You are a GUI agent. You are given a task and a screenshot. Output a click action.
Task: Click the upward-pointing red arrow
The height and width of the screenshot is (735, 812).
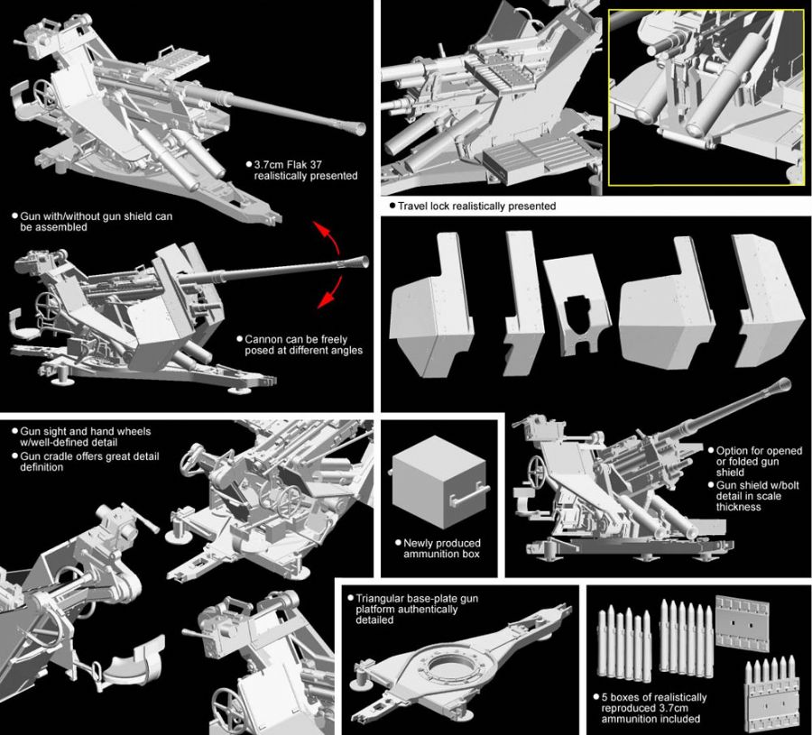(x=328, y=235)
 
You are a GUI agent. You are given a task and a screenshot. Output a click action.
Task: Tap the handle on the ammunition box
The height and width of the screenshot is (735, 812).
(x=468, y=494)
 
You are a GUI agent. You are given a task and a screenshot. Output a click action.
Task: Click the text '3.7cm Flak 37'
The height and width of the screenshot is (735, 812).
(x=288, y=165)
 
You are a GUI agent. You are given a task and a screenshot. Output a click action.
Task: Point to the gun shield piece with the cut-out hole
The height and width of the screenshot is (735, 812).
(x=577, y=306)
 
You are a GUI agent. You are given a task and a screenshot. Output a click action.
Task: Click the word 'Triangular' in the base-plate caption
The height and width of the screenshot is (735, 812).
(x=379, y=598)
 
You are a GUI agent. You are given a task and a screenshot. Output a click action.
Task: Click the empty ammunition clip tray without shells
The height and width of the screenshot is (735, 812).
(x=742, y=622)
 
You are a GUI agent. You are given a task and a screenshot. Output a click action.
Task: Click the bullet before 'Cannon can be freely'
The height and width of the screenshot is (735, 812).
(x=240, y=339)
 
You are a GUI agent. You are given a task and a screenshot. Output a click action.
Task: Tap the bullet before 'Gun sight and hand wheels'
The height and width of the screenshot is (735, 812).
(x=14, y=430)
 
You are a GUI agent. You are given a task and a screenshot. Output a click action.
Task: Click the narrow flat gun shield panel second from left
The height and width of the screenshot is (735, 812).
(x=523, y=303)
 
